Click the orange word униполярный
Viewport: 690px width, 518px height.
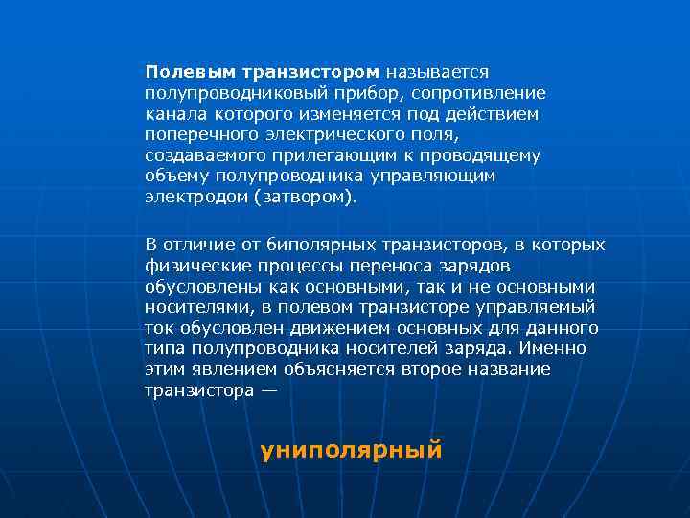351,449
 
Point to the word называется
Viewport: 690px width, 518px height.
438,72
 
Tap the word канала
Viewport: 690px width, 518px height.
173,114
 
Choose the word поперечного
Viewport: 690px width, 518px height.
197,135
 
